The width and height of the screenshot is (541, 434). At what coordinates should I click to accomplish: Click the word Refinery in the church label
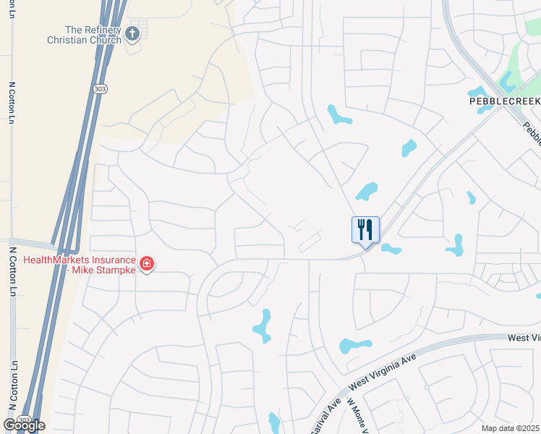tap(103, 30)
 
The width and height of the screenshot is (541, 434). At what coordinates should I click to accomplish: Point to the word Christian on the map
tap(65, 41)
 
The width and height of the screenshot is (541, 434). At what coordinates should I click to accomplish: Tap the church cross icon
tap(132, 33)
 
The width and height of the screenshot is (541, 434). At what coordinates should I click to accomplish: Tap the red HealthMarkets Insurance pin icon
tap(146, 264)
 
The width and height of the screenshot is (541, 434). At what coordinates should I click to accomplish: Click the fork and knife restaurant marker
tap(365, 231)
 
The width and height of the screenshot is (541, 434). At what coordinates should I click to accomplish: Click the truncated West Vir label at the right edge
tap(524, 338)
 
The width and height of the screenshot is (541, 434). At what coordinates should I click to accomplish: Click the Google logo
tap(24, 425)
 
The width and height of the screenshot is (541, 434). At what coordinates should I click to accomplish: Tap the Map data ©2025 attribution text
tap(510, 428)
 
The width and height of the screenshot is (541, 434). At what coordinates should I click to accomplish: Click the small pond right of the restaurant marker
tap(391, 249)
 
